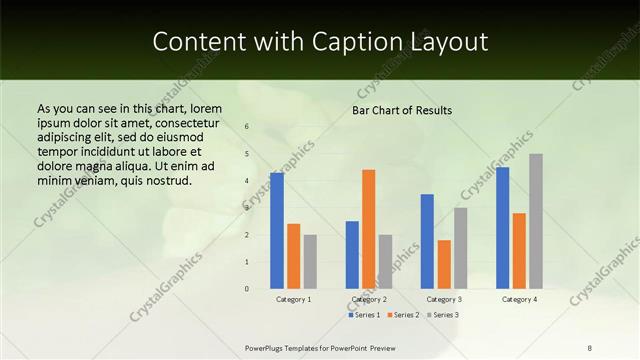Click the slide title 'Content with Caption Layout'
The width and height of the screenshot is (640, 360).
pos(320,41)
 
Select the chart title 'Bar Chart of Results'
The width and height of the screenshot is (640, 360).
pos(401,110)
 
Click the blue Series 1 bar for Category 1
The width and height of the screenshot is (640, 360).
pos(277,231)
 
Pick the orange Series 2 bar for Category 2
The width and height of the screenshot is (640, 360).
pos(368,229)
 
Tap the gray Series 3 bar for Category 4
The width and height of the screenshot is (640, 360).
pos(536,221)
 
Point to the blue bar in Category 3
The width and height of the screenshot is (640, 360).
pos(427,241)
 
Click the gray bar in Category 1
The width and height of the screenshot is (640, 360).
pos(310,262)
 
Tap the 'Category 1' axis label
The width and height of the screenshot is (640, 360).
pos(293,299)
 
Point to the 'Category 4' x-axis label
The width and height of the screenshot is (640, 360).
pos(519,299)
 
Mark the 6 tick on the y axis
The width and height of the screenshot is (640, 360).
pos(247,127)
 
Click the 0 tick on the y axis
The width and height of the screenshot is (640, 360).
pos(247,289)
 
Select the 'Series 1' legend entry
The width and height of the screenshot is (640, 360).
pos(365,315)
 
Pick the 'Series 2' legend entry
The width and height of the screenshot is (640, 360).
pos(402,315)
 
